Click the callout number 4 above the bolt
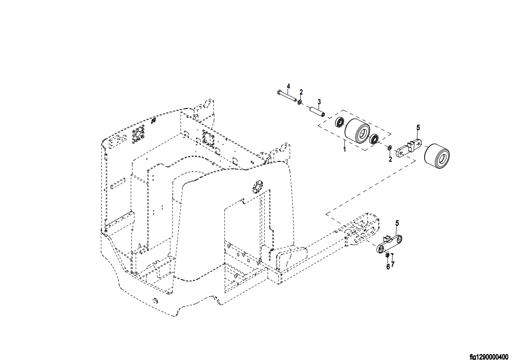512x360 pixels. [x=289, y=87]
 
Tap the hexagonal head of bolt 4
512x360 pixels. [x=278, y=92]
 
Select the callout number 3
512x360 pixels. [x=319, y=102]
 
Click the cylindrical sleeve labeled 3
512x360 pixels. [x=317, y=111]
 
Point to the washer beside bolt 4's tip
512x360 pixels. [x=299, y=102]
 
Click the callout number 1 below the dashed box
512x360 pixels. [x=344, y=150]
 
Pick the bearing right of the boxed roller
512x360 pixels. [x=374, y=139]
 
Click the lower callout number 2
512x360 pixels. [x=390, y=159]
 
